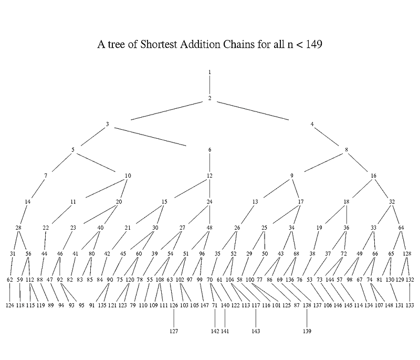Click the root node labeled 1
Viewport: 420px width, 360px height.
(209, 72)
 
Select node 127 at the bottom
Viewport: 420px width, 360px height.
(174, 332)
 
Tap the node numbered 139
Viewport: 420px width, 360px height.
(307, 332)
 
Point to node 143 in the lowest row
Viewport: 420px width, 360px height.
(256, 332)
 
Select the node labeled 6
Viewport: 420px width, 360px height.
(209, 150)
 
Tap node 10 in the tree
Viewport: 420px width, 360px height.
(128, 176)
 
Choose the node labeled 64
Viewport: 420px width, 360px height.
(402, 228)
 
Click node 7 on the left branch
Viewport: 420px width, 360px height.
(46, 176)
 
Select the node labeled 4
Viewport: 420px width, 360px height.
(312, 125)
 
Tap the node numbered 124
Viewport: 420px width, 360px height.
(10, 305)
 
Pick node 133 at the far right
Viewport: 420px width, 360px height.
(410, 305)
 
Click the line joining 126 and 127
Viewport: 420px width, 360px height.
(174, 318)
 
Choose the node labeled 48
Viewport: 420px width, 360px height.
(209, 228)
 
